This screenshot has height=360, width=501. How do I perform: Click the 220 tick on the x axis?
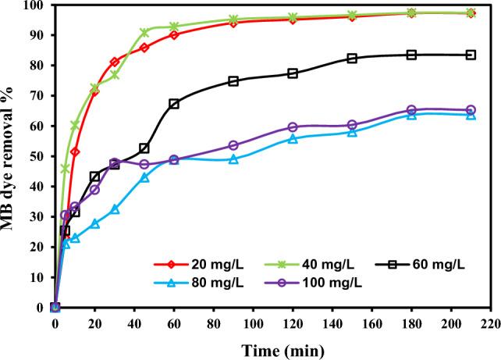(x=490, y=320)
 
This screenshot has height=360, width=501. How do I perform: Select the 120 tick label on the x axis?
(x=292, y=320)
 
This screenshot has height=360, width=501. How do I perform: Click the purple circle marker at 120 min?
(x=293, y=127)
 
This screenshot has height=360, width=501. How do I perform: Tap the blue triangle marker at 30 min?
(x=115, y=209)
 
